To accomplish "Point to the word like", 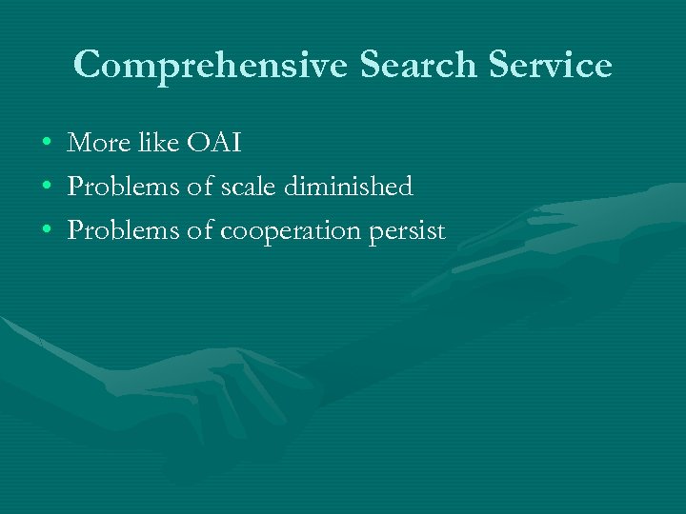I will click(x=156, y=143).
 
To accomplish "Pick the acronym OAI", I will click(x=216, y=144).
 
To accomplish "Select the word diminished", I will click(x=350, y=188).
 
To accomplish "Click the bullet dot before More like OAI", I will click(x=47, y=145).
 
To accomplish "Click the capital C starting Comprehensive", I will click(x=89, y=65).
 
